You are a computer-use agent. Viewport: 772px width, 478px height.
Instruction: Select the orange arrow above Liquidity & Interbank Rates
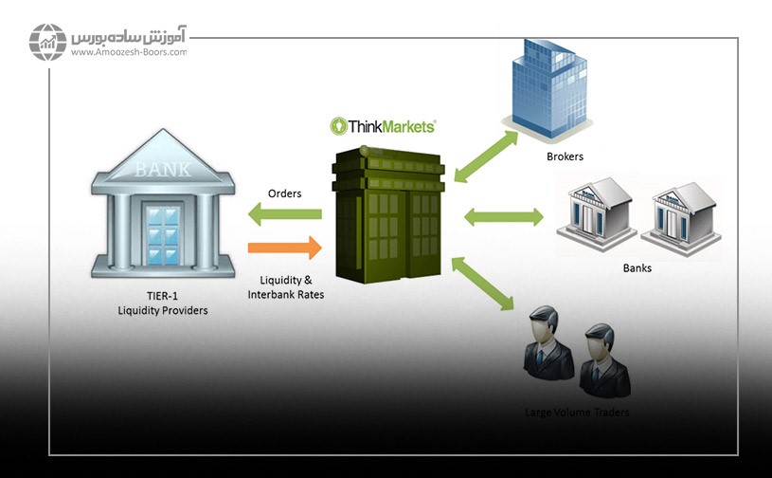284,249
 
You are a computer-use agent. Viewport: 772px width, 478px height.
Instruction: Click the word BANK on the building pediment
162,171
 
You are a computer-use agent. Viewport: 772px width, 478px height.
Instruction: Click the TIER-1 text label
162,297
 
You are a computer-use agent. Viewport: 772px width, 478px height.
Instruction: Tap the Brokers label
565,156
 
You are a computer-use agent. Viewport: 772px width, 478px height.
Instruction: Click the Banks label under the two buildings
637,268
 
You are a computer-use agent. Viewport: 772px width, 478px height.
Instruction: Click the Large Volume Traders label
577,413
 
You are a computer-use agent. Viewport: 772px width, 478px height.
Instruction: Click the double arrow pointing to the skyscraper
486,156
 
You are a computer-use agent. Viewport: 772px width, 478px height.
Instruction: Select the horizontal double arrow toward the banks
503,217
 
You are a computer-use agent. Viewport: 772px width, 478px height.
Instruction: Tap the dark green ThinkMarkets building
387,217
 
